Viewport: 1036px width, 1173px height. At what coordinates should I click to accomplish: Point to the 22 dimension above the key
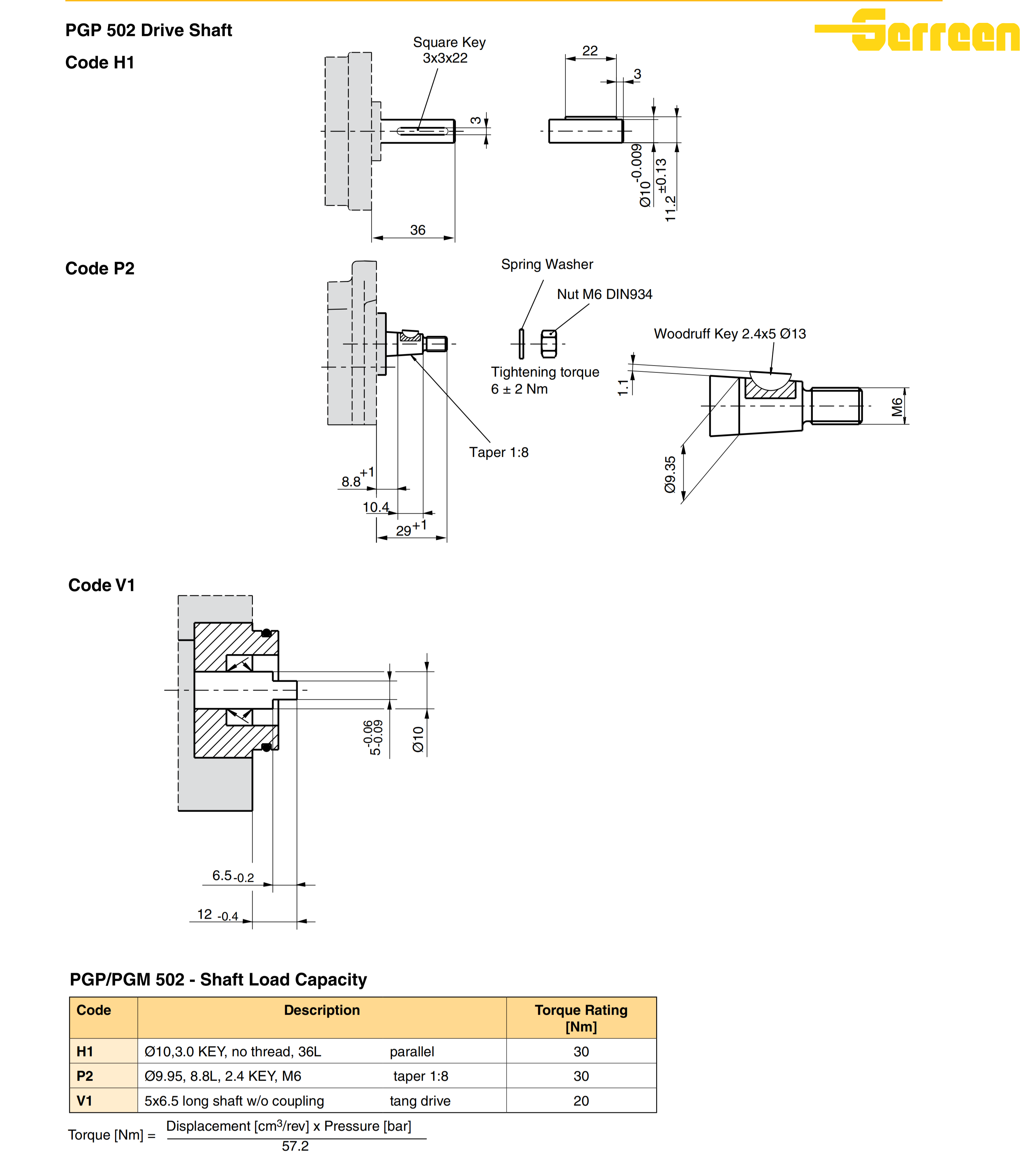point(590,51)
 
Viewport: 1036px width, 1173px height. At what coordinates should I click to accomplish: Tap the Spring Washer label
point(547,264)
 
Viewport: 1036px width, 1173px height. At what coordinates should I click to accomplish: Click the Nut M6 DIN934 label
point(604,294)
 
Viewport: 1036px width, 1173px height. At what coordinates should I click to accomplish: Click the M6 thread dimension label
point(897,407)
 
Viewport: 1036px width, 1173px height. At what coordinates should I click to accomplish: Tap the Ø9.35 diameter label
point(670,475)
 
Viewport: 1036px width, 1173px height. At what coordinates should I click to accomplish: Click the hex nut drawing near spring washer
point(549,344)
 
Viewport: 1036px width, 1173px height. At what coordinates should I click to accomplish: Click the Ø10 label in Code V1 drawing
point(418,739)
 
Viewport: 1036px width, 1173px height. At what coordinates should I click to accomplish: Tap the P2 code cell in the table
point(85,1076)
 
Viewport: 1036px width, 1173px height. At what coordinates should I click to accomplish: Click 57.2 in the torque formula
point(295,1146)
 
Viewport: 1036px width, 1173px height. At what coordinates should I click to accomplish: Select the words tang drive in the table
point(420,1101)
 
